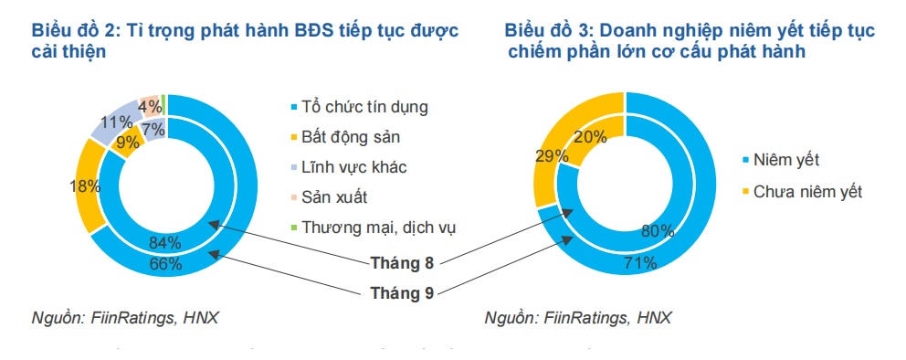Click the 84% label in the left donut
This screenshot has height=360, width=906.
click(x=165, y=242)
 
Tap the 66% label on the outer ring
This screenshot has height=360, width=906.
click(x=166, y=264)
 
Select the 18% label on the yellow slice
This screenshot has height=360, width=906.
click(x=86, y=186)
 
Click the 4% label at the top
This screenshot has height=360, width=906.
click(x=150, y=107)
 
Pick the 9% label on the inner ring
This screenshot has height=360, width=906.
click(x=127, y=142)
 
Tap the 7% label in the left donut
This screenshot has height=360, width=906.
click(x=155, y=130)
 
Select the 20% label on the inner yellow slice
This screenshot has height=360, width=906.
click(x=591, y=137)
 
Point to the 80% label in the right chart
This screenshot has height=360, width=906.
click(x=658, y=231)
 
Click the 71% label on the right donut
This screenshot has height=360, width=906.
click(x=640, y=263)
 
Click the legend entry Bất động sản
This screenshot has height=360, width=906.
click(x=345, y=137)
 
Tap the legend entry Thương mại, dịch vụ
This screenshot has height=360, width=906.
click(x=373, y=228)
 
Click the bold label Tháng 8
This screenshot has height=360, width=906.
click(x=402, y=263)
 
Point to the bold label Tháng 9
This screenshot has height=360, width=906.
click(x=402, y=293)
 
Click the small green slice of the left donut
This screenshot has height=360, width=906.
click(x=163, y=104)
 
